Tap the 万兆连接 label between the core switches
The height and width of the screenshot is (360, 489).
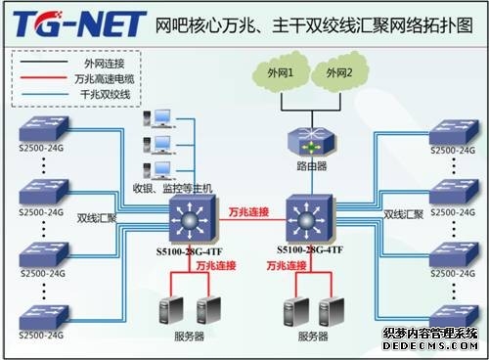(x=248, y=211)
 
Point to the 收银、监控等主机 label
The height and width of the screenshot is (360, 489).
(x=172, y=187)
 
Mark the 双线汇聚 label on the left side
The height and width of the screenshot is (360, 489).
(x=98, y=218)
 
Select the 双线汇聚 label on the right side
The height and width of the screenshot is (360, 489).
(x=403, y=213)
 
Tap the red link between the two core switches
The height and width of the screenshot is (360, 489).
(x=248, y=222)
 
